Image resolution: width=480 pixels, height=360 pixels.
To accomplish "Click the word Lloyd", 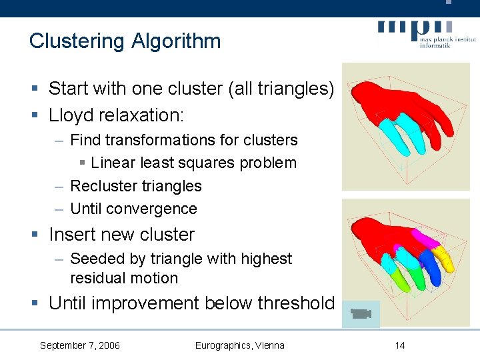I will tap(71, 115).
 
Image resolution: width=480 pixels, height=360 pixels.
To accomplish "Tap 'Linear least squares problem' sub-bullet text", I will tap(193, 163).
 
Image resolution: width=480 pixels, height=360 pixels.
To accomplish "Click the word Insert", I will tap(71, 235).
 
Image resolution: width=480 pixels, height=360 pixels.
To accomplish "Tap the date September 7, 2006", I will tap(80, 345).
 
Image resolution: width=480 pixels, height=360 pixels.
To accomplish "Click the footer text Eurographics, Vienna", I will tap(239, 345).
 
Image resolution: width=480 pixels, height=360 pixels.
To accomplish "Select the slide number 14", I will tap(399, 345).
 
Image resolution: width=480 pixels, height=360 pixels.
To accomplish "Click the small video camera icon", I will tap(361, 314).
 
